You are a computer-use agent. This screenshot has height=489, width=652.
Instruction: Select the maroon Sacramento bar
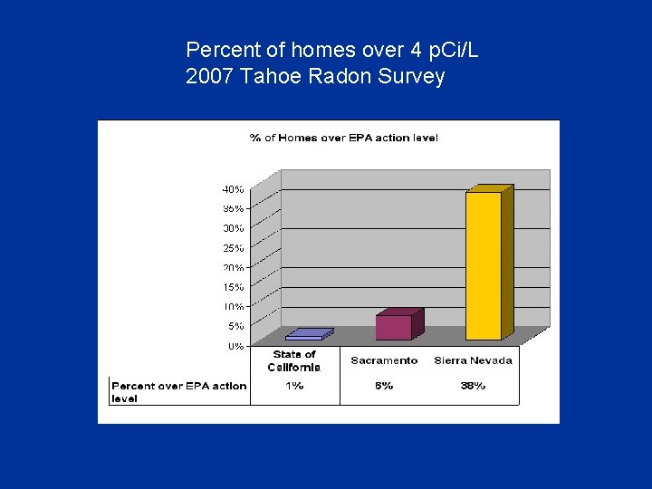point(394,327)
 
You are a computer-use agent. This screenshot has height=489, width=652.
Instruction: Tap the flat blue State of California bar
point(305,336)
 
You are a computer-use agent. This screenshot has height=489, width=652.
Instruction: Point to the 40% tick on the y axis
point(233,189)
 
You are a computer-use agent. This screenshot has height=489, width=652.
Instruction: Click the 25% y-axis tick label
point(233,248)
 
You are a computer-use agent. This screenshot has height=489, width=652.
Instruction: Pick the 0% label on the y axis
point(235,346)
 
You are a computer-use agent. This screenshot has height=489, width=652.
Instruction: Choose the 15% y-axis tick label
point(233,287)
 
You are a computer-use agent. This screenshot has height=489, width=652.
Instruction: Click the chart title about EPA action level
point(343,138)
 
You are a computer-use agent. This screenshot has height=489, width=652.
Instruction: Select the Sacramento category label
point(384,360)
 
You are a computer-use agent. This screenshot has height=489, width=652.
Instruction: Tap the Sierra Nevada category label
point(473,360)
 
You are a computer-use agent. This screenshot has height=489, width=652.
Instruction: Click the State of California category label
point(294,360)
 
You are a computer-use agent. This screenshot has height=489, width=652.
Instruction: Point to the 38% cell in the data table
point(473,386)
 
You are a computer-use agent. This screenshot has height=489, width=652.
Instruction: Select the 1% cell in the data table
point(294,386)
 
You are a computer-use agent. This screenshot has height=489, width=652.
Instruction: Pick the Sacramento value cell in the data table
point(384,386)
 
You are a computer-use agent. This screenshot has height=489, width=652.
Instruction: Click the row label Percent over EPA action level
point(178,391)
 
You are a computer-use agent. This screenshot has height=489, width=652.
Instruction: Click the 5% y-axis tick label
point(235,326)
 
